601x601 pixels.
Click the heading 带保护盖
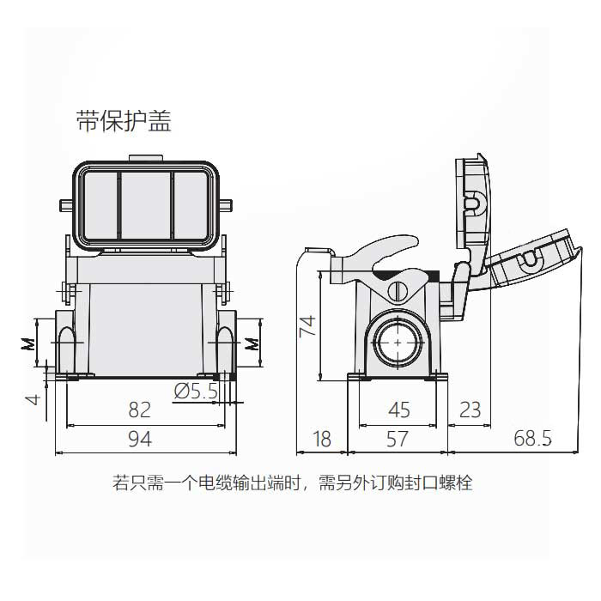click(124, 121)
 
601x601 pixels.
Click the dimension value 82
click(139, 409)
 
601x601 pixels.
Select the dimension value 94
click(139, 439)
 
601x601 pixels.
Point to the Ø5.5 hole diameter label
click(196, 392)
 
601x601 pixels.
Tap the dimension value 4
click(31, 398)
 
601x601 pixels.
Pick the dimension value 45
click(399, 409)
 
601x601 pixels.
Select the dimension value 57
click(397, 439)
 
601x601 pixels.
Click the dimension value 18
click(321, 439)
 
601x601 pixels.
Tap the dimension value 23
click(470, 409)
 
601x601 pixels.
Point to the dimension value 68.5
click(532, 439)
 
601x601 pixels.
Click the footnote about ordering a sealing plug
click(292, 483)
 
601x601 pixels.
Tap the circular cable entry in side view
click(398, 342)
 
